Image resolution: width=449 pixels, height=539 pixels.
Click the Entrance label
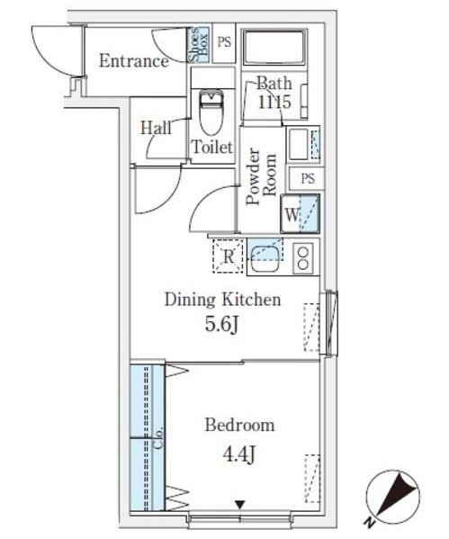[x=134, y=61]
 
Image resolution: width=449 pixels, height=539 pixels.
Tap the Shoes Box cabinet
[x=198, y=44]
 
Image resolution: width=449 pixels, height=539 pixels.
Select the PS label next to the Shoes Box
[x=224, y=42]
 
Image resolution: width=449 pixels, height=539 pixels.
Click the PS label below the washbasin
[x=308, y=178]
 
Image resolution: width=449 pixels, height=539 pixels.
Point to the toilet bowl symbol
[x=211, y=112]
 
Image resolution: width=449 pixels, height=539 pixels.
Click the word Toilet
[x=212, y=148]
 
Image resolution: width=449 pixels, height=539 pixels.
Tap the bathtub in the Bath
[x=274, y=47]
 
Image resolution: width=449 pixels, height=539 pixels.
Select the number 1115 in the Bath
[x=274, y=102]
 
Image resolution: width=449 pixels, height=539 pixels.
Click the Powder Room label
[x=262, y=176]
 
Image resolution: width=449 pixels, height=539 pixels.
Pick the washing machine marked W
[x=301, y=214]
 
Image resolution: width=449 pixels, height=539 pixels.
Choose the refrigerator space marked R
[x=228, y=256]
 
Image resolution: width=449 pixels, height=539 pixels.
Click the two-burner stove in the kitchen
[x=303, y=258]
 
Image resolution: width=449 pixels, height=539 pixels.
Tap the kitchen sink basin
[x=265, y=260]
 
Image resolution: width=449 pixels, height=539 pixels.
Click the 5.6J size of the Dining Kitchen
[x=221, y=324]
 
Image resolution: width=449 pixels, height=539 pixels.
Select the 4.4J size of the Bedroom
[x=239, y=454]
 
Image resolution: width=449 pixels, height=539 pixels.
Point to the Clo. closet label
[x=158, y=437]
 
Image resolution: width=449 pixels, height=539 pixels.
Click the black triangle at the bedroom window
[x=239, y=505]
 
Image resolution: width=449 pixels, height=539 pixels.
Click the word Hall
[x=156, y=128]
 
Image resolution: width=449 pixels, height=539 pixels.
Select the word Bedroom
[x=239, y=426]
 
